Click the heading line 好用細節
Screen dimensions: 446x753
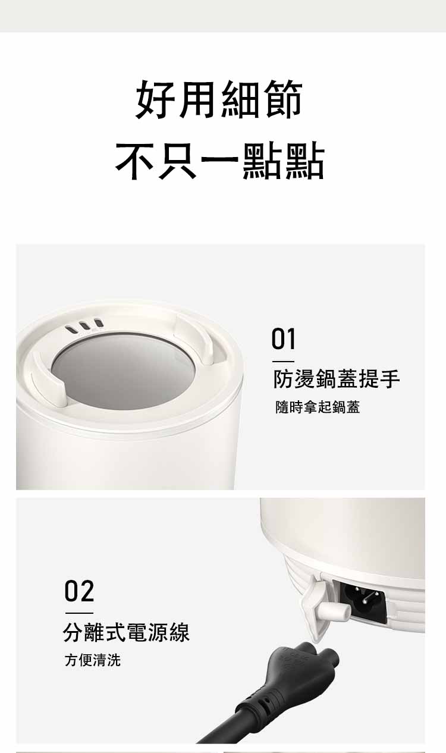(x=219, y=99)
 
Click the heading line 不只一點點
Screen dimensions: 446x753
(x=220, y=160)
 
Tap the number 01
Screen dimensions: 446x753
(x=283, y=339)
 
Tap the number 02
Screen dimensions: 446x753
(x=79, y=591)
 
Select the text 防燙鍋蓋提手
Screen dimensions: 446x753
(x=337, y=379)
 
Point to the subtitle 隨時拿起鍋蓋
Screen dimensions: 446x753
(x=318, y=407)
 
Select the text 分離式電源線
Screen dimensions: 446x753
(x=127, y=632)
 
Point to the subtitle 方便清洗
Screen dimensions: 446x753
(x=93, y=660)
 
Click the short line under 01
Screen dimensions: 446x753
(x=283, y=362)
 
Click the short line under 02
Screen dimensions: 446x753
(x=79, y=613)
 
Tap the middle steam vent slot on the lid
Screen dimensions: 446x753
(x=83, y=325)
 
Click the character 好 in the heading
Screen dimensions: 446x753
(x=156, y=99)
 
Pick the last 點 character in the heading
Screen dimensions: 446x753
(x=305, y=160)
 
